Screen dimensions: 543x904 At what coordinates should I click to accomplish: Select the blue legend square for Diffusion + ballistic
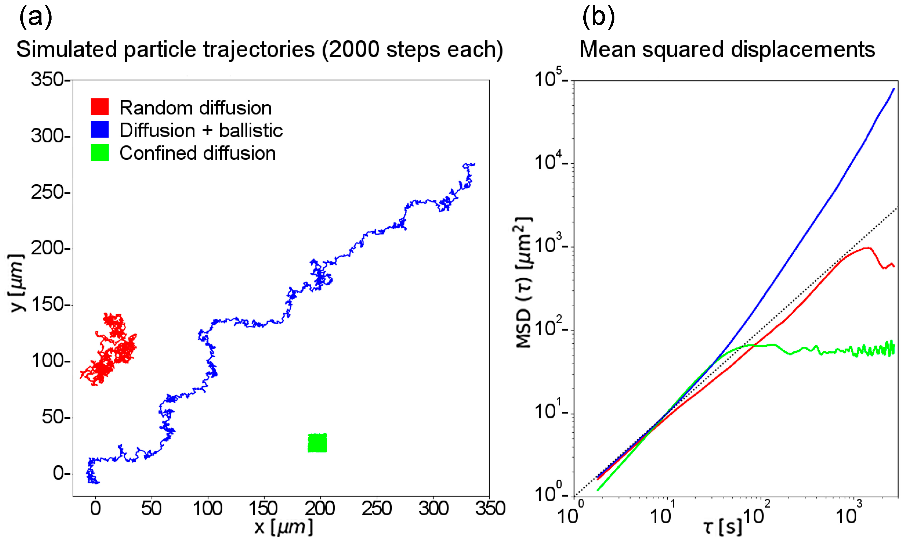tap(99, 129)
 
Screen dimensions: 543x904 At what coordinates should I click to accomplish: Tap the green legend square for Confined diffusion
tap(99, 152)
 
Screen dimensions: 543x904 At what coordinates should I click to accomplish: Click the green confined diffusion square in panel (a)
tap(317, 443)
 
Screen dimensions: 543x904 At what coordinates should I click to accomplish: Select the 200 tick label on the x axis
tap(320, 509)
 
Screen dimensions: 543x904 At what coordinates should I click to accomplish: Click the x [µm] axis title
tap(284, 527)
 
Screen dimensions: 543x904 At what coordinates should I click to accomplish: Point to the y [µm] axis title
tap(17, 283)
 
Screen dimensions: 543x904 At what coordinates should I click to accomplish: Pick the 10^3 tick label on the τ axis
tap(848, 514)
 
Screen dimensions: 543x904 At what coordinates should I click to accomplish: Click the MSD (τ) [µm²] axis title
tap(523, 283)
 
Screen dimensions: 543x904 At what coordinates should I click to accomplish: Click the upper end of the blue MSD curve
tap(893, 89)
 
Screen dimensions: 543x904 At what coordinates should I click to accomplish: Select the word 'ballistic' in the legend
tap(251, 130)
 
